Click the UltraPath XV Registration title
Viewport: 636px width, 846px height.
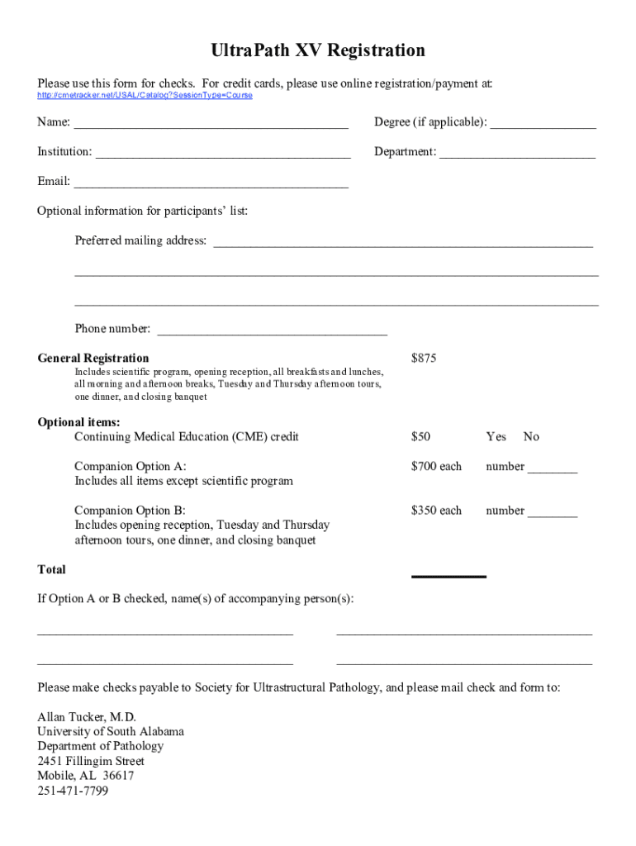[318, 51]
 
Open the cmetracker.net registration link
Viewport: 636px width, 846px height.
[145, 96]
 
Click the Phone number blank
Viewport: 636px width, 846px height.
[272, 332]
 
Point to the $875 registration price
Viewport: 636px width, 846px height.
[424, 359]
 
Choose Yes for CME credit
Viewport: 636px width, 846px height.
[496, 437]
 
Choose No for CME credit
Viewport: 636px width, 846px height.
[531, 437]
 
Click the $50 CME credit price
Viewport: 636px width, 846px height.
[420, 437]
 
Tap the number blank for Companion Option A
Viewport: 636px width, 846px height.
[553, 470]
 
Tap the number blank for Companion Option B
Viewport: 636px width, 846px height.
[553, 514]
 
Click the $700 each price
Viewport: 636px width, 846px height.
[436, 467]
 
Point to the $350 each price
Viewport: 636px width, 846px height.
[436, 511]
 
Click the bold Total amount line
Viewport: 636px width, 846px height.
[449, 575]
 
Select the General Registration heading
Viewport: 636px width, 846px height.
[93, 359]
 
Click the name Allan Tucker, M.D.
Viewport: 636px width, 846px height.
[87, 717]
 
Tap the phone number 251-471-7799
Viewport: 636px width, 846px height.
[73, 791]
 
